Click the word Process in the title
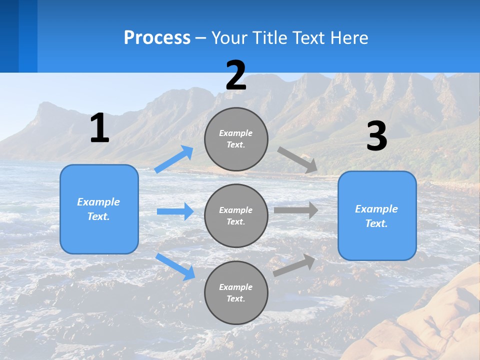157,38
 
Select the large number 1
99,128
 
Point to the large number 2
236,75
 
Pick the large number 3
376,136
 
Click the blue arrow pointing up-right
174,159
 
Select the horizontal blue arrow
175,211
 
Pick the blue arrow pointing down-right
175,266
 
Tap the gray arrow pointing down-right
297,160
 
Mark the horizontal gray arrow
295,210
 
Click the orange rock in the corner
435,325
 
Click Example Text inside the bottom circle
236,292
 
